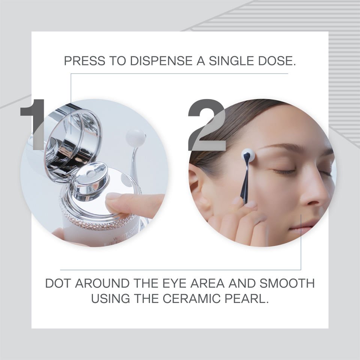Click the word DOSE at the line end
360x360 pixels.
tap(279, 61)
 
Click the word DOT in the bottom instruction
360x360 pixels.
tap(58, 283)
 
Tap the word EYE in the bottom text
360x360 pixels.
tap(171, 283)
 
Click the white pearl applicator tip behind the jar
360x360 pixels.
tap(136, 138)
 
